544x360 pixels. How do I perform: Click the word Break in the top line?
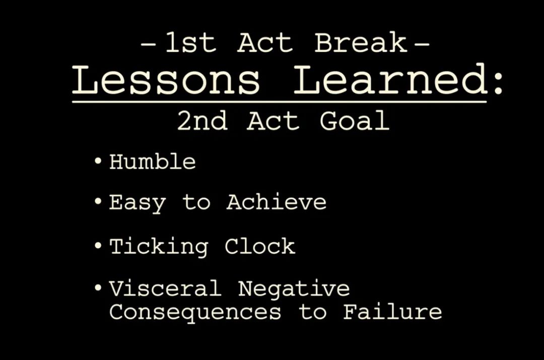pyautogui.click(x=361, y=43)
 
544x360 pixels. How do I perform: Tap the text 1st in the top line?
pyautogui.click(x=191, y=43)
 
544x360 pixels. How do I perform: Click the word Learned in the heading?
pyautogui.click(x=391, y=79)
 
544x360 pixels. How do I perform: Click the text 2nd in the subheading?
pyautogui.click(x=202, y=121)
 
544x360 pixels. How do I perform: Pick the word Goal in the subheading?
pyautogui.click(x=355, y=121)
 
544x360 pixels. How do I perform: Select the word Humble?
pyautogui.click(x=153, y=162)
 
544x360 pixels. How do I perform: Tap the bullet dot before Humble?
pyautogui.click(x=98, y=161)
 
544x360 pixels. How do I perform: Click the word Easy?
pyautogui.click(x=138, y=202)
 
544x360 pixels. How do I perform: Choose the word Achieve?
pyautogui.click(x=277, y=201)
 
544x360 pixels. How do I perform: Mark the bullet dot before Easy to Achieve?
pyautogui.click(x=98, y=201)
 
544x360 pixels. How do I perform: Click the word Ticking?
pyautogui.click(x=159, y=247)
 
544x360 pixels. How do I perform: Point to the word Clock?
pyautogui.click(x=260, y=246)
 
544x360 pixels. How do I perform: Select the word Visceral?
pyautogui.click(x=165, y=288)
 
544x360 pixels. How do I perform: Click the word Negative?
pyautogui.click(x=294, y=289)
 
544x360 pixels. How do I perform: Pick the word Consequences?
pyautogui.click(x=195, y=312)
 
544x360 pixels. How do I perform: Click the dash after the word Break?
pyautogui.click(x=422, y=44)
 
